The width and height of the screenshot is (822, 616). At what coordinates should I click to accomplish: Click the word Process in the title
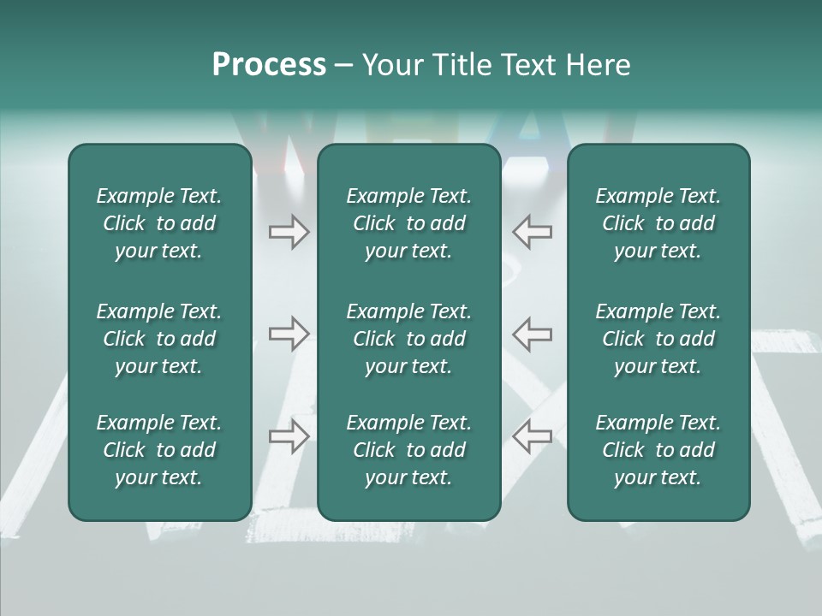coord(269,65)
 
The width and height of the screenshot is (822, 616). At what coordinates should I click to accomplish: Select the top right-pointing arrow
coord(289,232)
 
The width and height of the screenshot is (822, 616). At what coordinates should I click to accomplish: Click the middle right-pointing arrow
coord(289,333)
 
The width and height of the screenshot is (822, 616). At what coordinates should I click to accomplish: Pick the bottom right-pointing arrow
coord(289,435)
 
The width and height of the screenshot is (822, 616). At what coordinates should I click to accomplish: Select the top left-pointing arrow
coord(532,232)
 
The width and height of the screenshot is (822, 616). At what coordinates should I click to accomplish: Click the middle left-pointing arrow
coord(532,333)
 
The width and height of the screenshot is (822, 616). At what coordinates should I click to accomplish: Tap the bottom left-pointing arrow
coord(532,435)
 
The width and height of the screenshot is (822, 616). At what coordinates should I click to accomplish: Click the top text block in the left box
coord(159,223)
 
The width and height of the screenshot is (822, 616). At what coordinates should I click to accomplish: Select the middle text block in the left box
coord(159,339)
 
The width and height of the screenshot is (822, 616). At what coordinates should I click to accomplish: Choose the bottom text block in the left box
coord(159,450)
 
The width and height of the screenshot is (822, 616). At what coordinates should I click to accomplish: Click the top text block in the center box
coord(408,223)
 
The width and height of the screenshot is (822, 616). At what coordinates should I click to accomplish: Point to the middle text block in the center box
coord(408,339)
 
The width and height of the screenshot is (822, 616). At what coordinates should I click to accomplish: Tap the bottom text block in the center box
coord(408,450)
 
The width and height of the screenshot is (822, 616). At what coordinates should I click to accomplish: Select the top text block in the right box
coord(658,223)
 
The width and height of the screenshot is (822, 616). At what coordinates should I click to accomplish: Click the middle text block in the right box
coord(658,339)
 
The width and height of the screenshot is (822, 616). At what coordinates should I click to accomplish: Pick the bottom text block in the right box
coord(658,450)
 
